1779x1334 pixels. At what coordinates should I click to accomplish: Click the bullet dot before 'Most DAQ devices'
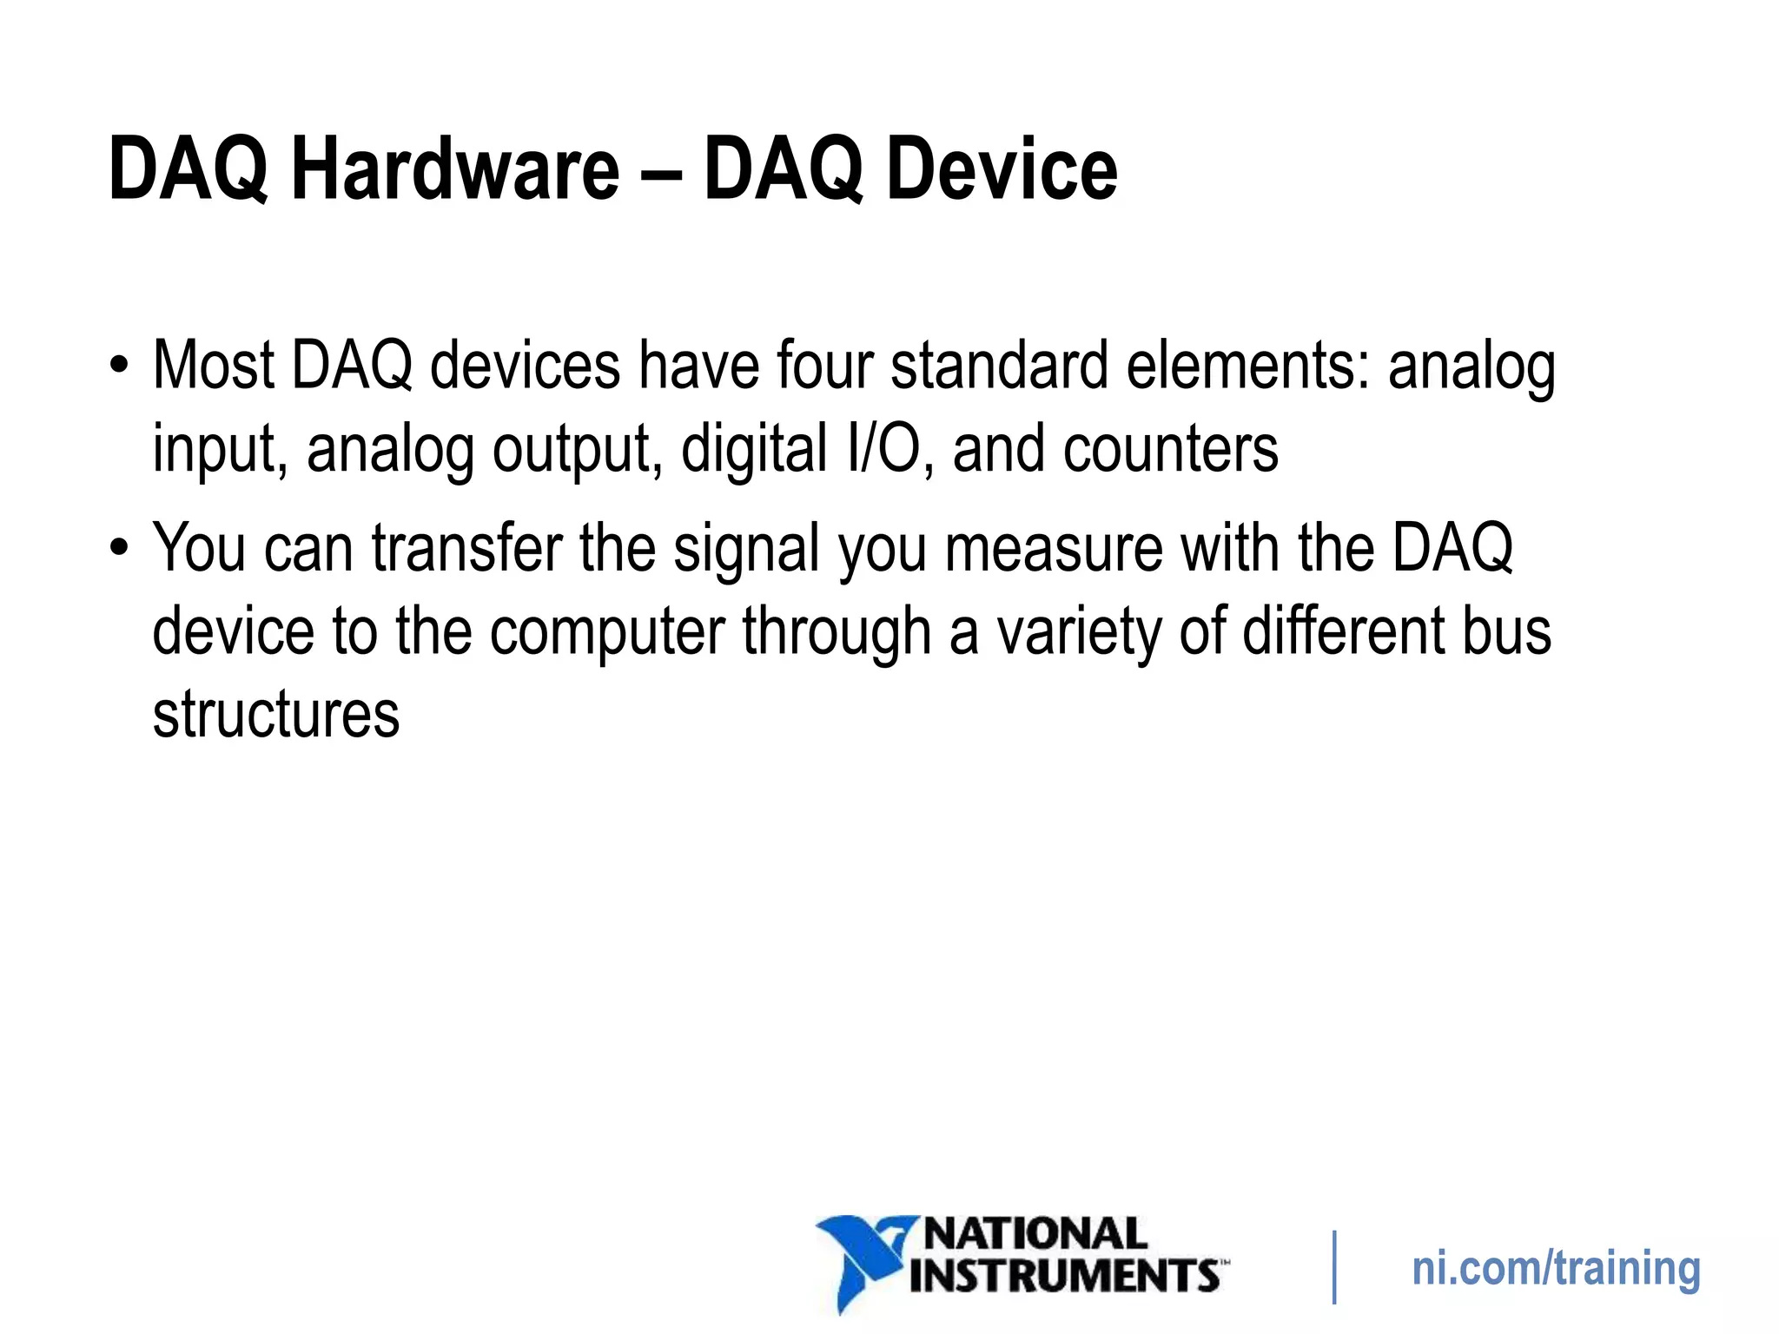tap(119, 364)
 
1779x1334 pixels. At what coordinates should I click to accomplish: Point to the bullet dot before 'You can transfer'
tap(119, 547)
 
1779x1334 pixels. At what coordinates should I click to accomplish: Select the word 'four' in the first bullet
tap(824, 366)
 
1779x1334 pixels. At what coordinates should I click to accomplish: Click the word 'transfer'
tap(467, 548)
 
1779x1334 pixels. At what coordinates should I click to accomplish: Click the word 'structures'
tap(276, 715)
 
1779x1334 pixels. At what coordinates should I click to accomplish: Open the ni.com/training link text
tap(1556, 1269)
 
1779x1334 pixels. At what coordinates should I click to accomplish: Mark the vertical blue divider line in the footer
tap(1334, 1267)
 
